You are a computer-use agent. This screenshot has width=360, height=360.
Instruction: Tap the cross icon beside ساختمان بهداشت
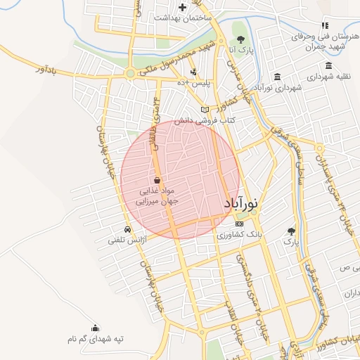point(182,7)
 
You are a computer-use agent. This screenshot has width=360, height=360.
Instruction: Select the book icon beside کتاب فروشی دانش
point(205,110)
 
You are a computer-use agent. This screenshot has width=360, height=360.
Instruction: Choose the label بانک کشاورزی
point(239,236)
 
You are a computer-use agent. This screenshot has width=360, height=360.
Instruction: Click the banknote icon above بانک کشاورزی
point(238,224)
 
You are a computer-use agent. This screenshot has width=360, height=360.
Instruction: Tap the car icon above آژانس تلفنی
point(127,230)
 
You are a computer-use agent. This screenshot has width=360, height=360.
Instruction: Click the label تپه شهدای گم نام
point(96,340)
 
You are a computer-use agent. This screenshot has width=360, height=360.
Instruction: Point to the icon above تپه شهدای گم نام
point(96,328)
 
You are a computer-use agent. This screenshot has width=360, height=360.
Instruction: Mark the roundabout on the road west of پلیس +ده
point(130,73)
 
